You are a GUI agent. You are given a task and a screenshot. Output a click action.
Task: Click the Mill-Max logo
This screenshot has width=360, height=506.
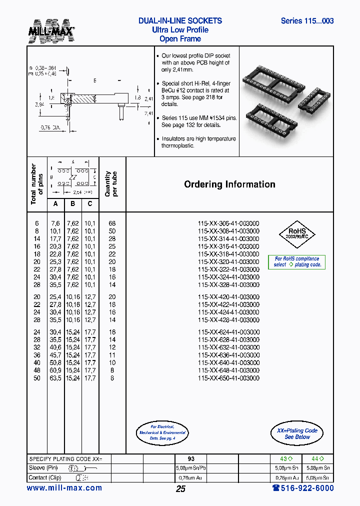(51, 30)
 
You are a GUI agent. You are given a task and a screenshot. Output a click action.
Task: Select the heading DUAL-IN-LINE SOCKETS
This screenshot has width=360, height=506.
(180, 21)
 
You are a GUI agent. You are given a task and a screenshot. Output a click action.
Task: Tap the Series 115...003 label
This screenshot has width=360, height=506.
(307, 21)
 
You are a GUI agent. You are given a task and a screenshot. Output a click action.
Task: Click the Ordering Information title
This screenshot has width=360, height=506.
(229, 184)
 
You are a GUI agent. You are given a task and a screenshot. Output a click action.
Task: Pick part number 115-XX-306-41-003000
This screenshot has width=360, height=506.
(228, 223)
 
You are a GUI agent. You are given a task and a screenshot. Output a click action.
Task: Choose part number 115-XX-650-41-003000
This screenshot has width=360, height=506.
(228, 378)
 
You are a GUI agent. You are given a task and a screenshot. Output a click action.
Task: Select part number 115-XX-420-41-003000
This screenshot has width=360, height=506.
(228, 296)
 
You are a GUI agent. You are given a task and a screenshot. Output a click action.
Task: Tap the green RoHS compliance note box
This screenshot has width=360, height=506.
(297, 262)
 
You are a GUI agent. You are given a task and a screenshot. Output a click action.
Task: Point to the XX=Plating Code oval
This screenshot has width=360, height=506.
(297, 433)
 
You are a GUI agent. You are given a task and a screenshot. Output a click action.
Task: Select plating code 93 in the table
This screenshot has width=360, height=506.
(191, 458)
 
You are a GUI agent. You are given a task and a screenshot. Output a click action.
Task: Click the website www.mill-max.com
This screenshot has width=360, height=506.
(64, 488)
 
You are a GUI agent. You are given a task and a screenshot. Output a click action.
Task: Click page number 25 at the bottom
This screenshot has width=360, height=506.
(180, 489)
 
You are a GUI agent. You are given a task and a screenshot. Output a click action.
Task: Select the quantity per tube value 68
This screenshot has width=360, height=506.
(112, 223)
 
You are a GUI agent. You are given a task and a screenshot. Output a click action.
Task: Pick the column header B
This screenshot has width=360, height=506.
(73, 203)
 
